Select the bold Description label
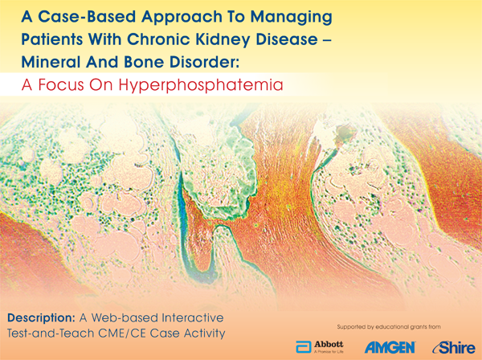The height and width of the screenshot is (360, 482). click(x=46, y=313)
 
